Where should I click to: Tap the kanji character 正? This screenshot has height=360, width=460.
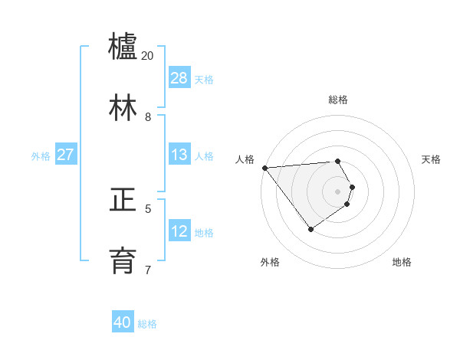click(x=123, y=200)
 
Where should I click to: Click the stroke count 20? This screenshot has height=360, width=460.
click(x=148, y=56)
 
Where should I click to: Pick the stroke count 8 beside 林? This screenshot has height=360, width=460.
click(x=148, y=117)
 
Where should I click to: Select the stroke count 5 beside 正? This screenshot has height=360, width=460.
click(x=148, y=208)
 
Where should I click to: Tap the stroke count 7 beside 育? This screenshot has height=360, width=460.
click(x=148, y=270)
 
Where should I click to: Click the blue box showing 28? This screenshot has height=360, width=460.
click(x=179, y=78)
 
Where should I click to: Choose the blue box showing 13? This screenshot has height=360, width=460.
click(x=179, y=155)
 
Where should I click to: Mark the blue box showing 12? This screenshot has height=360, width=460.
click(x=179, y=231)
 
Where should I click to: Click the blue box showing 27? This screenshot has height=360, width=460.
click(x=65, y=155)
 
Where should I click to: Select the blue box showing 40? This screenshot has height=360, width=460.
click(x=123, y=322)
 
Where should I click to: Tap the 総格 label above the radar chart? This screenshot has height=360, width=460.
click(x=338, y=100)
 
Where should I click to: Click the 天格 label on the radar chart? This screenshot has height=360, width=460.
click(x=431, y=159)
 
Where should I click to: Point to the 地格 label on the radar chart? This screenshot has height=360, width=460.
click(x=402, y=262)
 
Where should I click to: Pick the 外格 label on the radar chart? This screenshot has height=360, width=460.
click(x=270, y=262)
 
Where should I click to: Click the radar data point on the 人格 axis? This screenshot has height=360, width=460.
click(x=264, y=168)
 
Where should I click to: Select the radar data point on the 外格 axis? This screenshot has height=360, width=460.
click(x=310, y=229)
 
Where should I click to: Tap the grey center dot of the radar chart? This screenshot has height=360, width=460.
click(x=338, y=191)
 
